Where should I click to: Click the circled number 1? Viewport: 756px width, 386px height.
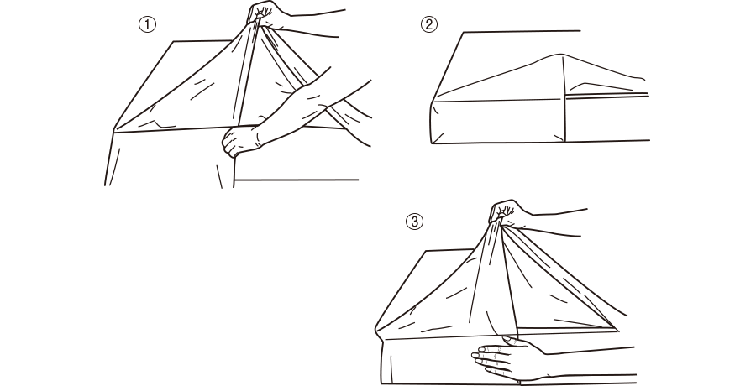pos(148,24)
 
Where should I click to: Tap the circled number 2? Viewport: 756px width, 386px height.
pos(429,24)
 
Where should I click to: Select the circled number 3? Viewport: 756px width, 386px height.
pos(414,222)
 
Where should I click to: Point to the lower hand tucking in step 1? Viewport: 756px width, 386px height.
pos(241,141)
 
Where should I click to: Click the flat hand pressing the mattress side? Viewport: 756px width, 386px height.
pos(507,357)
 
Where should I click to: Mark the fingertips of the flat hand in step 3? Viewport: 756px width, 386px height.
pos(477,361)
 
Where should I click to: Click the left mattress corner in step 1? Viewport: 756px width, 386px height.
pos(113,131)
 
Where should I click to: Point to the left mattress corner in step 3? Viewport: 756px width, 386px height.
pos(377,330)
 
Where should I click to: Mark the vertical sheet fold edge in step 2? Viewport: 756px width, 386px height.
pos(564,99)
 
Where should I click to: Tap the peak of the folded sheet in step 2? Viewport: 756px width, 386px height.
pos(560,55)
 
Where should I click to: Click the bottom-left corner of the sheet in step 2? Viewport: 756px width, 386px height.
pos(433,143)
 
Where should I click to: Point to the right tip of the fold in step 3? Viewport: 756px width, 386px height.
pos(617,330)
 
